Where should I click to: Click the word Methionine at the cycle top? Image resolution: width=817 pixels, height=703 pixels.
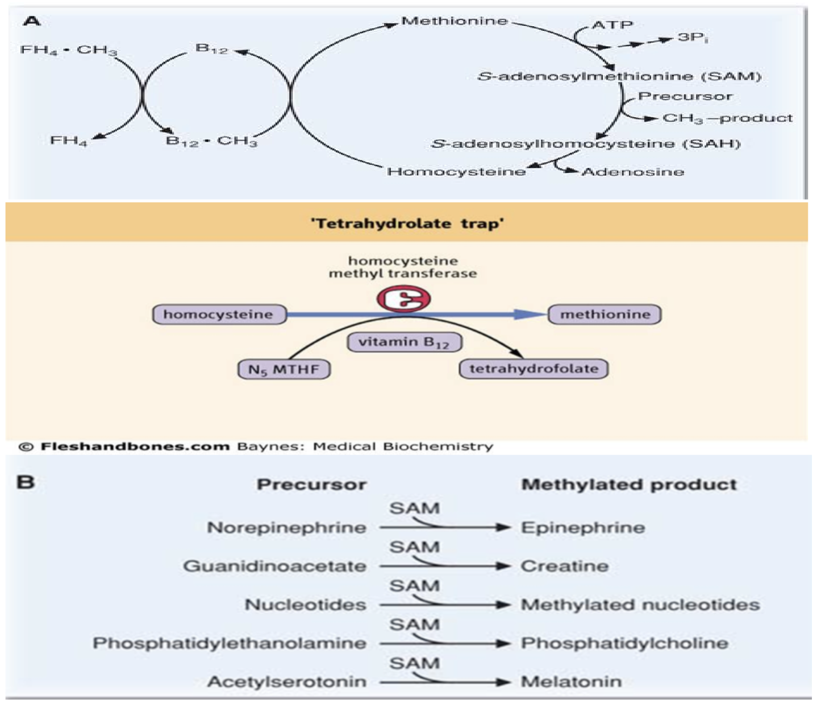(x=454, y=21)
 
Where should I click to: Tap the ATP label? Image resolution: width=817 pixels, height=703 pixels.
(x=612, y=25)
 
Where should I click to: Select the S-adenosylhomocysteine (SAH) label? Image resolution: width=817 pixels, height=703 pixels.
(x=585, y=143)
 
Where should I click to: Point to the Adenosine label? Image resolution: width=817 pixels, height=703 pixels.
(x=632, y=172)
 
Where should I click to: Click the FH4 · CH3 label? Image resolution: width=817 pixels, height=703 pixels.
(x=68, y=50)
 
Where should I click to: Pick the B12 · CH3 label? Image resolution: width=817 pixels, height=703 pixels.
(x=211, y=140)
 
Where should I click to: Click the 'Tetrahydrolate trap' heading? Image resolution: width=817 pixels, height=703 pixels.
(x=407, y=223)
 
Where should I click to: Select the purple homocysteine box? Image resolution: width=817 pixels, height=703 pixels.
(x=219, y=315)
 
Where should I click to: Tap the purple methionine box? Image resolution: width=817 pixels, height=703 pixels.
(x=605, y=315)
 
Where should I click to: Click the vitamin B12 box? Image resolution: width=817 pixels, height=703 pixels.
(x=404, y=342)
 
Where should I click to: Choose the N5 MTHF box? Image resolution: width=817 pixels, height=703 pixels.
(x=284, y=370)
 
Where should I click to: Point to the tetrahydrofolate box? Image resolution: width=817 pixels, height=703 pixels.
(x=533, y=369)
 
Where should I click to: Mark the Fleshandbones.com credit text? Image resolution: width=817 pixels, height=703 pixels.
(x=135, y=446)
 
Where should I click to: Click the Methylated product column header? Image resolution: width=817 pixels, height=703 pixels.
(x=629, y=485)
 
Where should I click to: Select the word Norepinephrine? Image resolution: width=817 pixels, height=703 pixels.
(x=286, y=528)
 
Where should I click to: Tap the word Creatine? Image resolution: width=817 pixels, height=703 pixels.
(x=565, y=566)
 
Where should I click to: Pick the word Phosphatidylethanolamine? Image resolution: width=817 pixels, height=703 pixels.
(x=230, y=643)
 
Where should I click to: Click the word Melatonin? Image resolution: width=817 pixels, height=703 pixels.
(x=571, y=681)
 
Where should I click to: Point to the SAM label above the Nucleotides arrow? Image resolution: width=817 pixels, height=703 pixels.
(x=414, y=585)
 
